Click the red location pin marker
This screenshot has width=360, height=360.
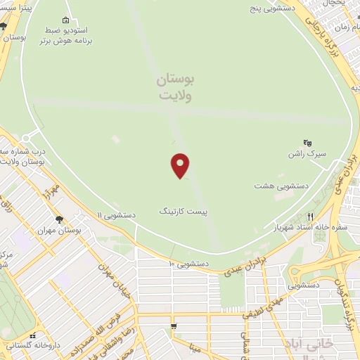click(181, 165)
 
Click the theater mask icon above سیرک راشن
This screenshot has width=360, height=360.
click(307, 143)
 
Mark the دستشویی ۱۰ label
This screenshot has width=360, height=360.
click(188, 264)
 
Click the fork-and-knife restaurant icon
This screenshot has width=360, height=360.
click(309, 217)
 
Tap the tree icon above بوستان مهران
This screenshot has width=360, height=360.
click(59, 219)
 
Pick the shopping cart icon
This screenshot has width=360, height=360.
click(174, 327)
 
